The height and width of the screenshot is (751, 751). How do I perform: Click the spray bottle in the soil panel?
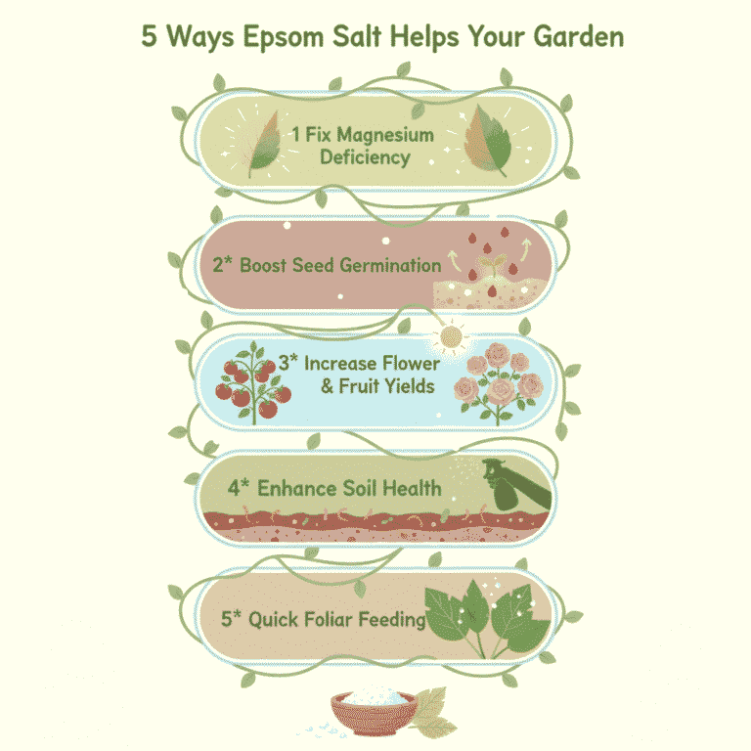click(x=521, y=485)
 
